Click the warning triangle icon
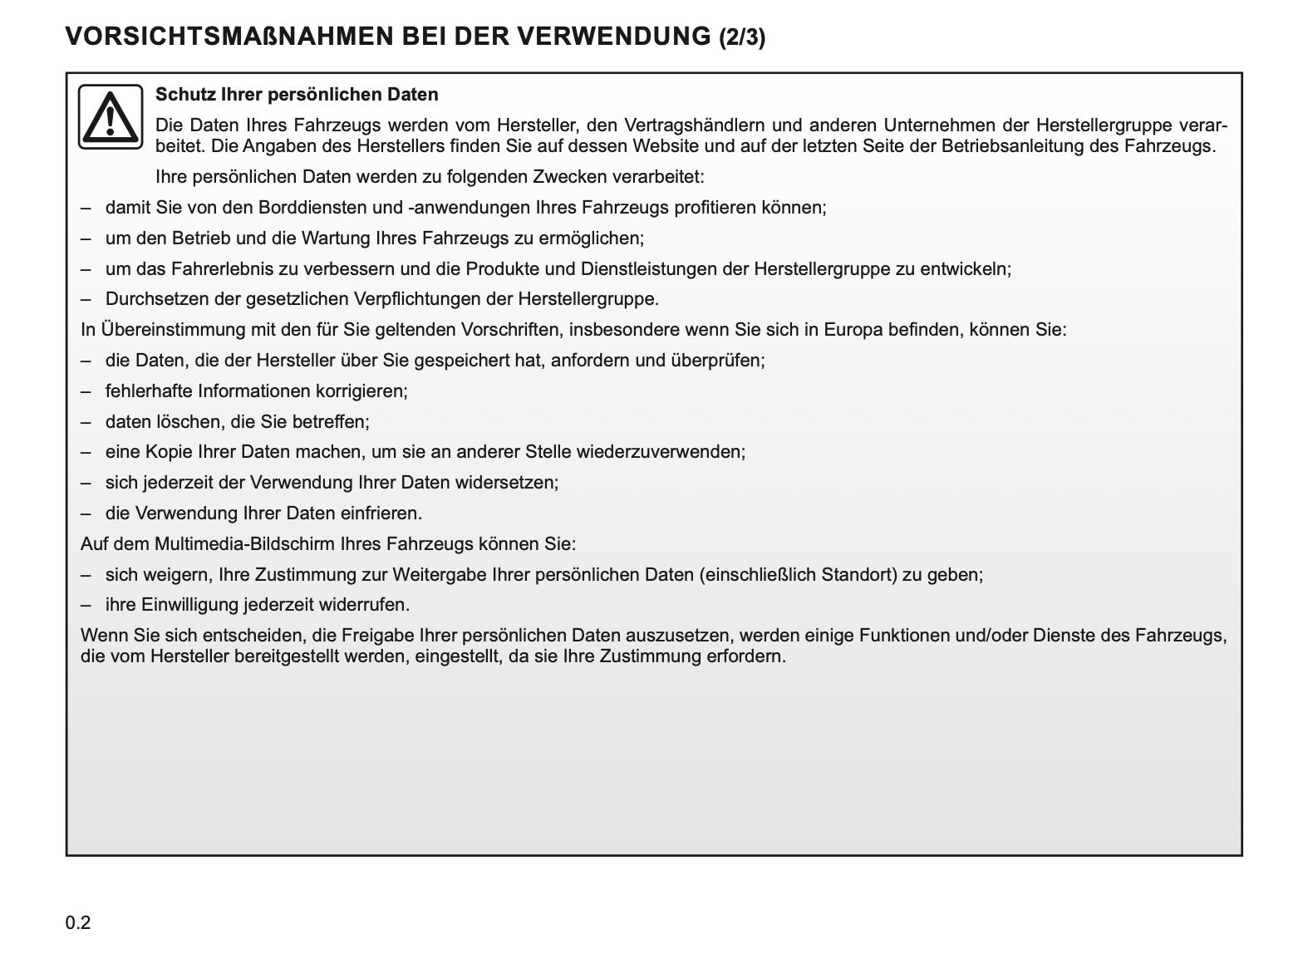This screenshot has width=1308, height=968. pos(111,116)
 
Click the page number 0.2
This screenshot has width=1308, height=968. pos(77,922)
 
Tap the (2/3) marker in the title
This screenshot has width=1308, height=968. pos(742,37)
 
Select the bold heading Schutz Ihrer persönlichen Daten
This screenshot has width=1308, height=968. pos(297,95)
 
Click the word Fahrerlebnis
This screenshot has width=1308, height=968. pos(224,269)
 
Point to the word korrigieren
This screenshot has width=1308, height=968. pos(363,391)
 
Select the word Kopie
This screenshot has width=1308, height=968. pos(170,452)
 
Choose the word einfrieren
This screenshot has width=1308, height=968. pos(380,513)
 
